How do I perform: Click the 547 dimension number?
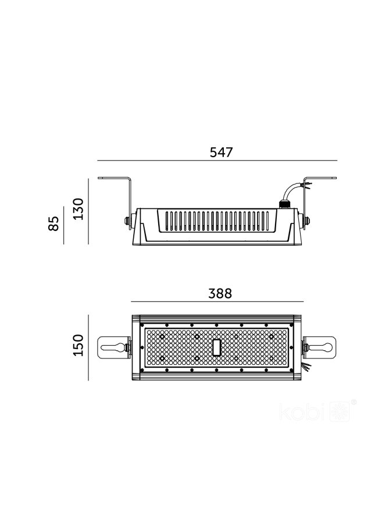tap(222, 152)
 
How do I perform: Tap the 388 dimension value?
tap(220, 293)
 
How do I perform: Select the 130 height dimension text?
tap(78, 209)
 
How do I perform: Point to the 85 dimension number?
tap(53, 223)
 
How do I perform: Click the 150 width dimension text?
tap(78, 345)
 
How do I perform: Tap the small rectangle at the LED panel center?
tap(217, 347)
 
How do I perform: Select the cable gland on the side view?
tap(285, 204)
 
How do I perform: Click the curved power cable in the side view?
tap(291, 189)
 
